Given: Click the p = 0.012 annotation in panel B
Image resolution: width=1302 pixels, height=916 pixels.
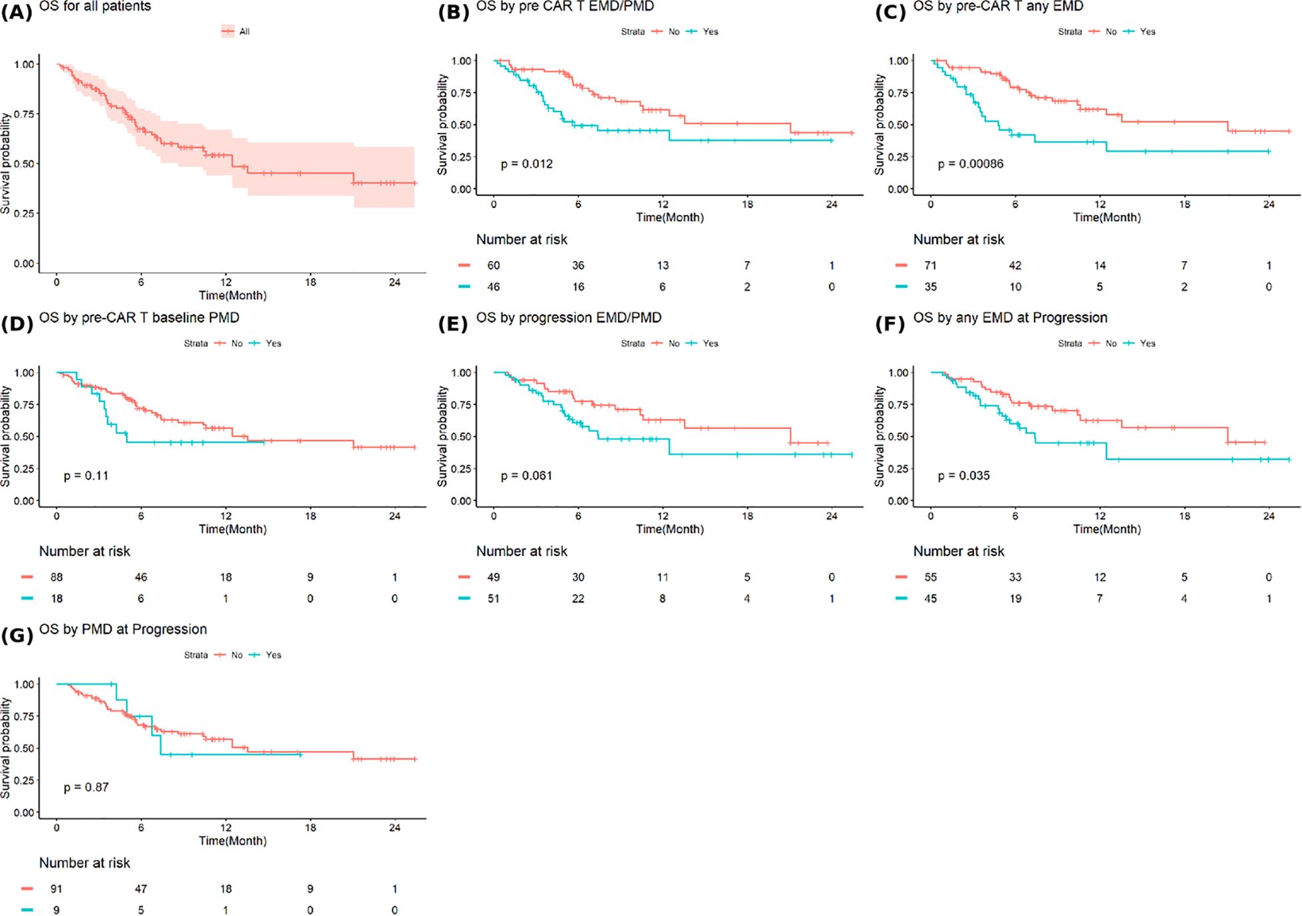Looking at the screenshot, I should pos(526,164).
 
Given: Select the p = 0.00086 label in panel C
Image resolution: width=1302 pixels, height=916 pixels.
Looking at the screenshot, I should pos(970,164).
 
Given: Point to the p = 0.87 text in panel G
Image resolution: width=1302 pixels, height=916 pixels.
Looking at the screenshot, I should pos(86,787).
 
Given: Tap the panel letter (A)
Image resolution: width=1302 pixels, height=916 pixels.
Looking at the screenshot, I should pos(16,11).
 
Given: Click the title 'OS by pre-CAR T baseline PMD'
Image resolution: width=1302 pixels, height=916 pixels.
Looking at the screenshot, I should pos(139,317).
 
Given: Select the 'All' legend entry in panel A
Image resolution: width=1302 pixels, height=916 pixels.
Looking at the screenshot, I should pos(243,31).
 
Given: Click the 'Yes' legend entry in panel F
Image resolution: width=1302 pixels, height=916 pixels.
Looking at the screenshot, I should pos(1147,343).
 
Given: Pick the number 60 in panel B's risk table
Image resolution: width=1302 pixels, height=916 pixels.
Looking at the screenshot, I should pos(493,265).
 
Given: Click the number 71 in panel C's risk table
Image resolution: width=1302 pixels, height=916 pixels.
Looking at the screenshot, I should pos(930,265).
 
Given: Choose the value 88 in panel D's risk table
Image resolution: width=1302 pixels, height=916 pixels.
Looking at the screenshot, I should pos(57,577).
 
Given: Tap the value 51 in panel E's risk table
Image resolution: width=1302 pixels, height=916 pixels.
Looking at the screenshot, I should pos(493,599).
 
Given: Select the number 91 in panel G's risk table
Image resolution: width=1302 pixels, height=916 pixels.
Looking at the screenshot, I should pos(57,889).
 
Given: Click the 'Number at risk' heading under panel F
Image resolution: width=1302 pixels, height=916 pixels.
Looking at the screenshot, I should pos(959,551).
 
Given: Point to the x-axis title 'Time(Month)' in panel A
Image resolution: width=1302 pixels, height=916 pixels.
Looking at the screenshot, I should pos(232,295).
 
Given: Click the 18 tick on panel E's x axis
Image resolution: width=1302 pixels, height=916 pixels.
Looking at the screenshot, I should pos(747,516).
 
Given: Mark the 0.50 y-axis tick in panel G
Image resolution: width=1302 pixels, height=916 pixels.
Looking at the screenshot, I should pos(24,748).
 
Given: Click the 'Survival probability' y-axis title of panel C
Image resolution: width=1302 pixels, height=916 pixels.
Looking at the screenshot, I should pos(879,125).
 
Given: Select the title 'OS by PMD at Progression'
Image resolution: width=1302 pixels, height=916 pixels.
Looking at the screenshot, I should pos(123,629).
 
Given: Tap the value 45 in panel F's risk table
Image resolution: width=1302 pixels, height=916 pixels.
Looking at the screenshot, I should pos(930,599).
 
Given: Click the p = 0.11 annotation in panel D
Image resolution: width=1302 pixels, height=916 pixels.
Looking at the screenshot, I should pos(86,476).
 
